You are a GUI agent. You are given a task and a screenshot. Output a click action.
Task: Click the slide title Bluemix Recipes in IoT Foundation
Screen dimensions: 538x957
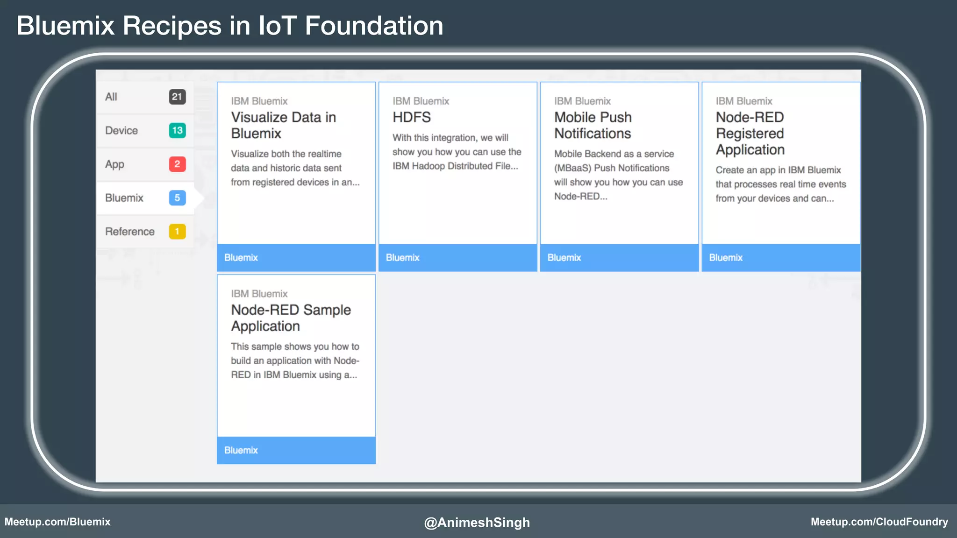229,26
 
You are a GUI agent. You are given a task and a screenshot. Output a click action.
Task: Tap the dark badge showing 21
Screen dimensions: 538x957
177,97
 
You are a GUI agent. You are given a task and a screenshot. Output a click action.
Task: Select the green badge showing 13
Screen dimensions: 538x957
177,130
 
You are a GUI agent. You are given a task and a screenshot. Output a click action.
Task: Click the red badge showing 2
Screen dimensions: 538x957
177,164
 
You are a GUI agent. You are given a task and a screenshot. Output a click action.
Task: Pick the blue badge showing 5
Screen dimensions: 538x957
177,198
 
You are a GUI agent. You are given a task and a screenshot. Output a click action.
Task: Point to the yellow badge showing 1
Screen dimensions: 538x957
177,231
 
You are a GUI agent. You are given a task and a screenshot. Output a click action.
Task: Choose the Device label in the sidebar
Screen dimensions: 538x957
121,130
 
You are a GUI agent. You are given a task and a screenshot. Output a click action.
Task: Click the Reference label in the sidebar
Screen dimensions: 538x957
129,231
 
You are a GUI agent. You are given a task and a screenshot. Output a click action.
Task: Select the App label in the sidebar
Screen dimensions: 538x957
114,164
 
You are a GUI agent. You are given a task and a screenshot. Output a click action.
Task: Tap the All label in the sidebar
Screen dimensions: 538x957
111,97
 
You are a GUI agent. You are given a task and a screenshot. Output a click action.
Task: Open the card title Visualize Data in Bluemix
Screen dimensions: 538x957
283,125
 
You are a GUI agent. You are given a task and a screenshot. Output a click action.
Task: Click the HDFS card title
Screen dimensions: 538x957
411,117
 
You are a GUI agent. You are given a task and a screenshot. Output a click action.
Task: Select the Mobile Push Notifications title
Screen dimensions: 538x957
593,125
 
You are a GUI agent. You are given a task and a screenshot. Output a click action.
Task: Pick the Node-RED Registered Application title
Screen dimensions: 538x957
750,133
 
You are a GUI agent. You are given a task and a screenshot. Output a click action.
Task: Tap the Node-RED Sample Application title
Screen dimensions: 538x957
291,318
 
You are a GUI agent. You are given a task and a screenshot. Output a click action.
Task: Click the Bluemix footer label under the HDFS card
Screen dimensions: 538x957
402,257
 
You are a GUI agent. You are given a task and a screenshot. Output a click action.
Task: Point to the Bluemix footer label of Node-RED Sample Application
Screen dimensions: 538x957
241,450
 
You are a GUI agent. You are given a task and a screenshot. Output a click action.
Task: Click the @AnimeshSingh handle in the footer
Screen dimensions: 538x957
477,522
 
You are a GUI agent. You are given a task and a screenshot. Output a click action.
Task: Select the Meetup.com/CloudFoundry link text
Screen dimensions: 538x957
879,522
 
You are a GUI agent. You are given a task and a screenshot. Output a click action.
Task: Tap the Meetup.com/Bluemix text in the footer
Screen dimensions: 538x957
57,522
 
